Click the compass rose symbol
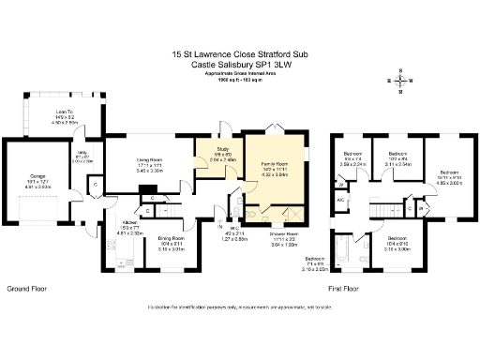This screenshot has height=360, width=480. point(401,82)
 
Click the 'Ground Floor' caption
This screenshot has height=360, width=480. point(27,288)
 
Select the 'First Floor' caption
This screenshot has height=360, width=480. point(345,288)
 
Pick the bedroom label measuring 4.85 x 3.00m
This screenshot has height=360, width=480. point(449,176)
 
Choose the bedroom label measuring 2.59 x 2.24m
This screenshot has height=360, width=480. point(352,157)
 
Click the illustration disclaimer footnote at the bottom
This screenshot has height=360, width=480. point(240,308)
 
